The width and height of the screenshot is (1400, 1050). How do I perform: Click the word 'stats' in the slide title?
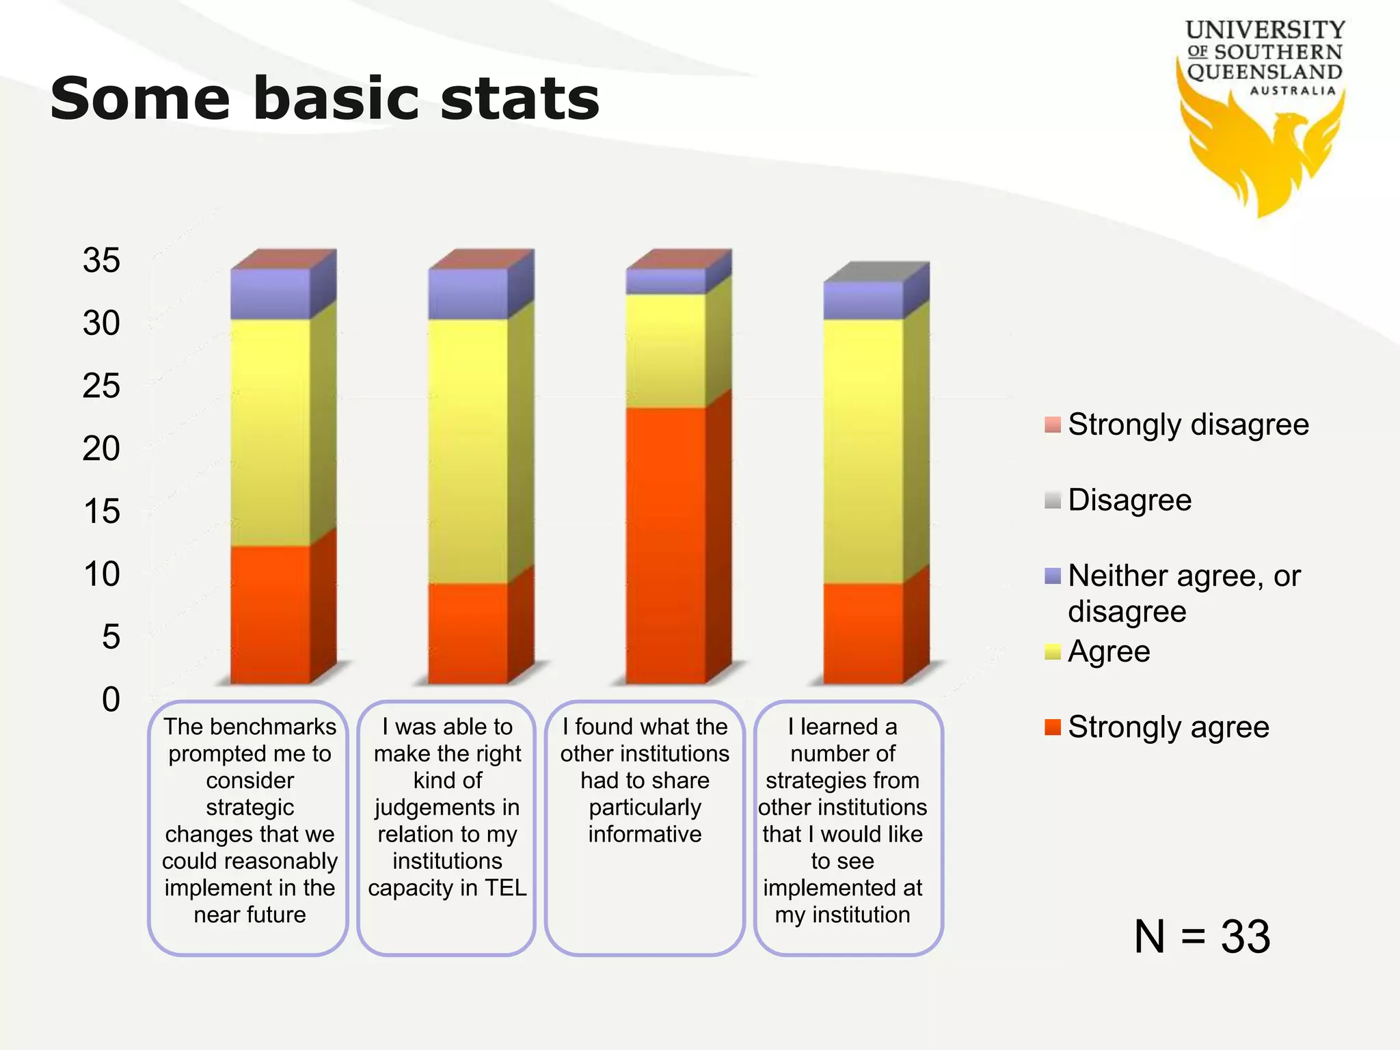tap(520, 99)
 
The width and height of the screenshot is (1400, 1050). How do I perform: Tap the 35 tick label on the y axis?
tap(101, 260)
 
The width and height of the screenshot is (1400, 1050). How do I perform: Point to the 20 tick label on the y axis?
tap(101, 449)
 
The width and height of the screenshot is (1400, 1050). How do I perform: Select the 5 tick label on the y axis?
tap(111, 637)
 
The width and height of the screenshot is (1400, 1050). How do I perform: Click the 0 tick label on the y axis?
tap(111, 700)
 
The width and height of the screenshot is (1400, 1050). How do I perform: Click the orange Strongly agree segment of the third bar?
tap(666, 547)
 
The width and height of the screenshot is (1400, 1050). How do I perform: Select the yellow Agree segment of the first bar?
tap(270, 431)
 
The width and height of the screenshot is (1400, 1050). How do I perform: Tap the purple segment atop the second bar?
tap(468, 294)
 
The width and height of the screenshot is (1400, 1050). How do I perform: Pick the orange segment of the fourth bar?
tap(863, 632)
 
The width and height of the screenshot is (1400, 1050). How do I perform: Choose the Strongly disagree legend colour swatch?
tap(1053, 425)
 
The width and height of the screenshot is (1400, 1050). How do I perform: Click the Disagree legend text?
tap(1129, 500)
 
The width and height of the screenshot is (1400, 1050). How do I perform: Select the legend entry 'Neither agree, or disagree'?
tap(1183, 593)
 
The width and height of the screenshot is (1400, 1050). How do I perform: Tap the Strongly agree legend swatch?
tap(1053, 727)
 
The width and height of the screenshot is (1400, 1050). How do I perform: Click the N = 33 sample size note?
tap(1202, 937)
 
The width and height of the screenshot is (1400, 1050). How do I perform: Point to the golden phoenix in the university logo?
tap(1261, 154)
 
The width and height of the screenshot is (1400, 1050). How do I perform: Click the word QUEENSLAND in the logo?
tap(1265, 72)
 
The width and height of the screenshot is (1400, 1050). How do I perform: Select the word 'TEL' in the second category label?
tap(506, 887)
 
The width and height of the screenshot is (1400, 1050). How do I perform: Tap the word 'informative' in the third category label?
tap(645, 834)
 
